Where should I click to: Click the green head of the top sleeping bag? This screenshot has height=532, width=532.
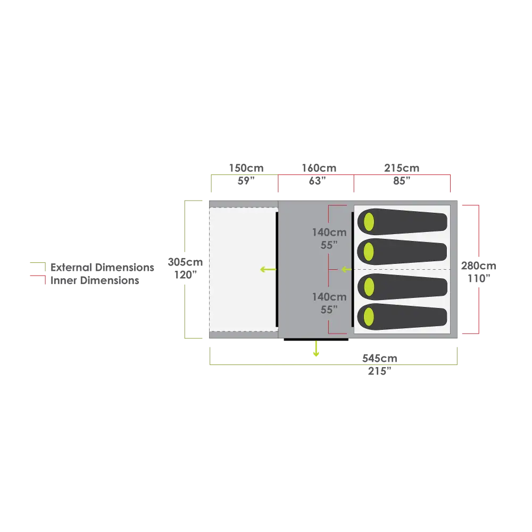368,221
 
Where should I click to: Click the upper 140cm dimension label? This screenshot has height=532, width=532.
330,232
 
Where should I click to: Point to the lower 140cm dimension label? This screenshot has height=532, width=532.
330,297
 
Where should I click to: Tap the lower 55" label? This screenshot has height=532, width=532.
330,310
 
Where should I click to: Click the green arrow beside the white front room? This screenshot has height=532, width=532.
268,270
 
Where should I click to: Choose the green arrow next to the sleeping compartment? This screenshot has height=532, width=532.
346,270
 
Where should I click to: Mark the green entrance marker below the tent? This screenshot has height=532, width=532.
316,350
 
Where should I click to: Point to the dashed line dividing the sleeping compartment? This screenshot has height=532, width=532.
403,270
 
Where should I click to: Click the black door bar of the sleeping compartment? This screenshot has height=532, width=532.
351,270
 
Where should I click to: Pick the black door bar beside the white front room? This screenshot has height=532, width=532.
277,270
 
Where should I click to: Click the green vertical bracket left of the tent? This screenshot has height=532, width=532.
185,234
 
